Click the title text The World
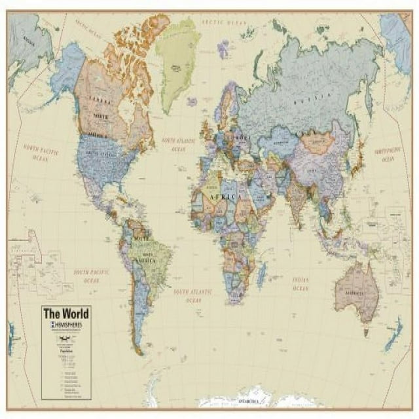click(x=65, y=313)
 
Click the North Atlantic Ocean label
click(x=178, y=144)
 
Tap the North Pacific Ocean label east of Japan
click(x=388, y=155)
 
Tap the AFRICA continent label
click(x=221, y=196)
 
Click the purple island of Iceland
click(x=192, y=101)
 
